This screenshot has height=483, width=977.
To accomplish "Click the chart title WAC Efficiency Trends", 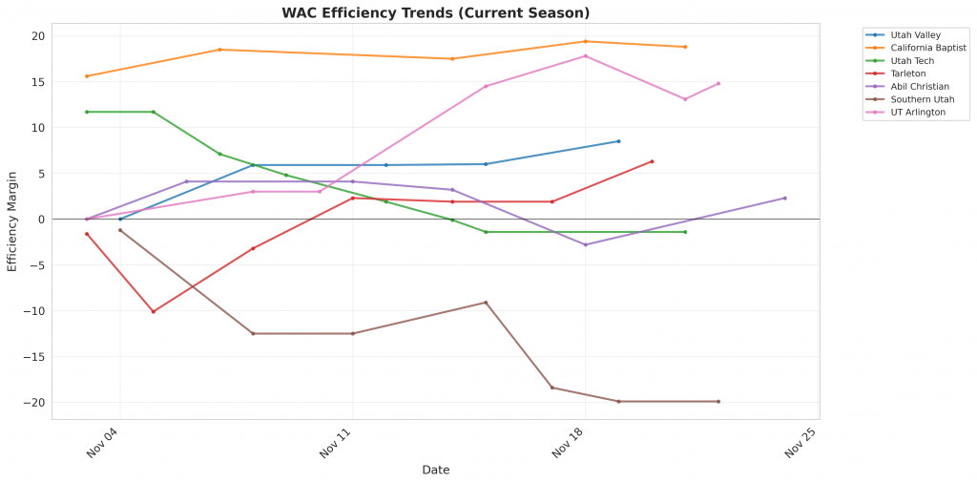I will pyautogui.click(x=435, y=13).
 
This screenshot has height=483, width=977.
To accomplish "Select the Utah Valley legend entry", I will pyautogui.click(x=914, y=34).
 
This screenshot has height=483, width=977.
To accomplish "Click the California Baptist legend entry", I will pyautogui.click(x=927, y=48).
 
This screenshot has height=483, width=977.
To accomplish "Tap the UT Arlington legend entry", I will pyautogui.click(x=916, y=112).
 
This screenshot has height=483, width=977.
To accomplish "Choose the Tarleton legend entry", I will pyautogui.click(x=907, y=73).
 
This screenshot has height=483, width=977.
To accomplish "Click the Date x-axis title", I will pyautogui.click(x=435, y=470).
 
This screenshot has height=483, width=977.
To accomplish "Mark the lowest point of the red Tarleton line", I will pyautogui.click(x=153, y=311).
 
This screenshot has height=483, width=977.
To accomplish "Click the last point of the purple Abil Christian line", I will pyautogui.click(x=785, y=198).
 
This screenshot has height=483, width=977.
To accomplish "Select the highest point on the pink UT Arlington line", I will pyautogui.click(x=585, y=55).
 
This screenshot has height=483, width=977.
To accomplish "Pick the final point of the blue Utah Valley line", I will pyautogui.click(x=618, y=141).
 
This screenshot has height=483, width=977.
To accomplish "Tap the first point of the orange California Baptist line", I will pyautogui.click(x=87, y=76).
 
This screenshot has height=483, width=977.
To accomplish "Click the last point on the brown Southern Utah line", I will pyautogui.click(x=718, y=402).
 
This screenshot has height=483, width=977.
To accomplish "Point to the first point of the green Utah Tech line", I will pyautogui.click(x=87, y=112).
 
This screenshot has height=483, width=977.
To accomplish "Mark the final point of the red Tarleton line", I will pyautogui.click(x=652, y=161).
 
